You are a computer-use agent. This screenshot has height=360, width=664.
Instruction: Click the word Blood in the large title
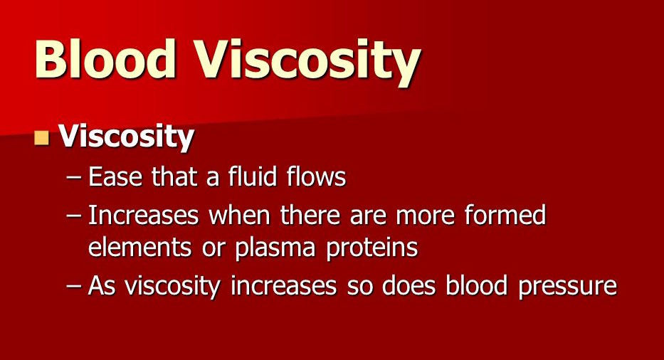(105, 58)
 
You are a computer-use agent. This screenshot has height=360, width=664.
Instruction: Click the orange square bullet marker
(41, 137)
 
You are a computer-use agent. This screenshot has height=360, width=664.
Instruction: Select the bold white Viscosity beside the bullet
(126, 137)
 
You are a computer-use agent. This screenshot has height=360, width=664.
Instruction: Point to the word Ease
(115, 176)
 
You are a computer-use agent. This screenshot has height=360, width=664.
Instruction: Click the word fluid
(253, 176)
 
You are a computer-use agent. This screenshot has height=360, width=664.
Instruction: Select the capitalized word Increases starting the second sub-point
(143, 215)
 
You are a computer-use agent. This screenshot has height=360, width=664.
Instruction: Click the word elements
(139, 247)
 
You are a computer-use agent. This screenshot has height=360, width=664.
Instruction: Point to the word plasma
(275, 248)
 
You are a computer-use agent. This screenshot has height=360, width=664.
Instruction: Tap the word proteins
(371, 249)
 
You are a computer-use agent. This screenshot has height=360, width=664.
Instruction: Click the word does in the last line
(409, 285)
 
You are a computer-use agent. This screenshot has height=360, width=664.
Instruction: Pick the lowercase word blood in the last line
(476, 285)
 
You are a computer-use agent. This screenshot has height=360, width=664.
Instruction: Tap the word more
(425, 216)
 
